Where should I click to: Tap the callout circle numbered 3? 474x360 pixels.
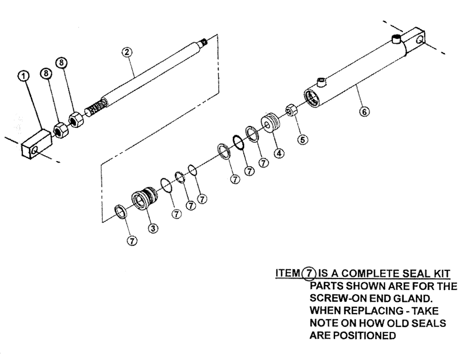(153, 228)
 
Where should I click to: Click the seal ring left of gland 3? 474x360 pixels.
(120, 211)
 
